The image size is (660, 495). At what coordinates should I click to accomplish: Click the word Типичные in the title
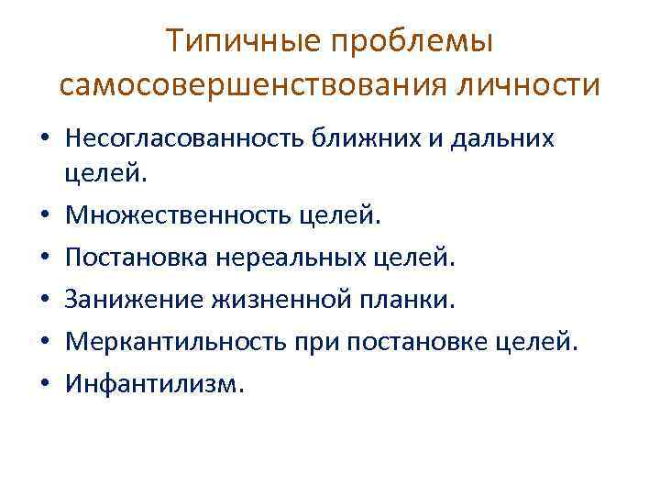coord(241,41)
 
